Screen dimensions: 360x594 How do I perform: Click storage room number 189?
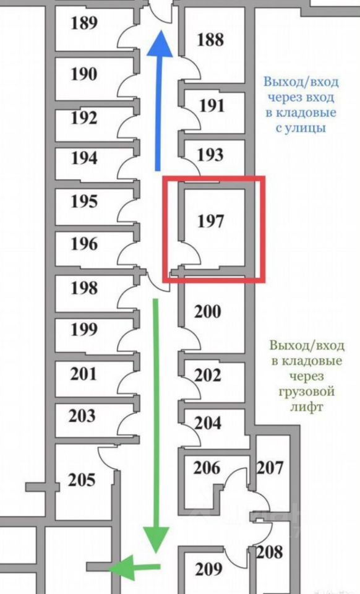click(84, 23)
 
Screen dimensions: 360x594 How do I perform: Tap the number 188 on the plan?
click(210, 40)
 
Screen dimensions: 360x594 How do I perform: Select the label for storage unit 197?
click(210, 221)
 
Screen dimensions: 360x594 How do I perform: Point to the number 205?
click(82, 480)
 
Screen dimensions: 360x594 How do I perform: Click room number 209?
click(208, 569)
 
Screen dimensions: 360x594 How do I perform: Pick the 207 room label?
click(270, 468)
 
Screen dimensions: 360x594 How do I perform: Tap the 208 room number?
click(270, 552)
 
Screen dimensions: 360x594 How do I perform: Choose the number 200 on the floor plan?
click(208, 311)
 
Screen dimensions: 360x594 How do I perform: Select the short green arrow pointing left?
click(134, 567)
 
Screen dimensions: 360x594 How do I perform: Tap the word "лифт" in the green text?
click(307, 407)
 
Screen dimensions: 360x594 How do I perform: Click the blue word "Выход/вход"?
click(301, 82)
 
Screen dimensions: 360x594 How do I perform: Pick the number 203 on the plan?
click(82, 416)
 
